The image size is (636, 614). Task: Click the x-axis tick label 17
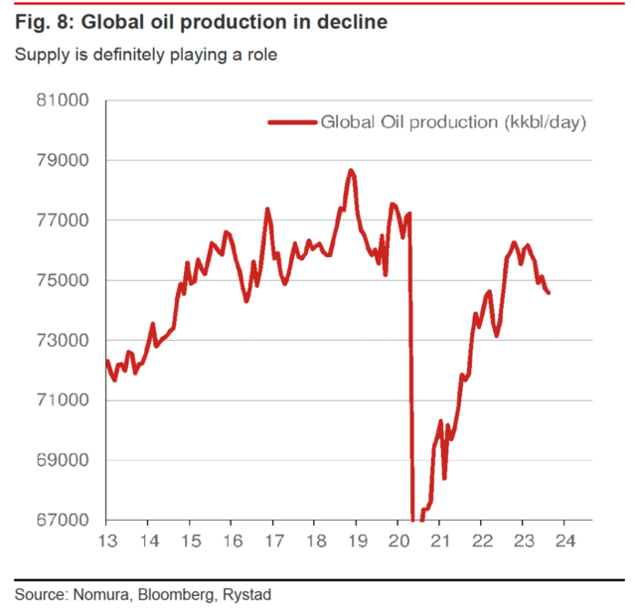(272, 542)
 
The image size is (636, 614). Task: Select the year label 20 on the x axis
(397, 542)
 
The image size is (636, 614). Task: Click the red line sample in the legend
(290, 122)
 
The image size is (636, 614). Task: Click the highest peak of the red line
(351, 171)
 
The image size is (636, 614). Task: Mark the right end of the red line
(550, 292)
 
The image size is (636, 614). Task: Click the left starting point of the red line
(106, 361)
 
